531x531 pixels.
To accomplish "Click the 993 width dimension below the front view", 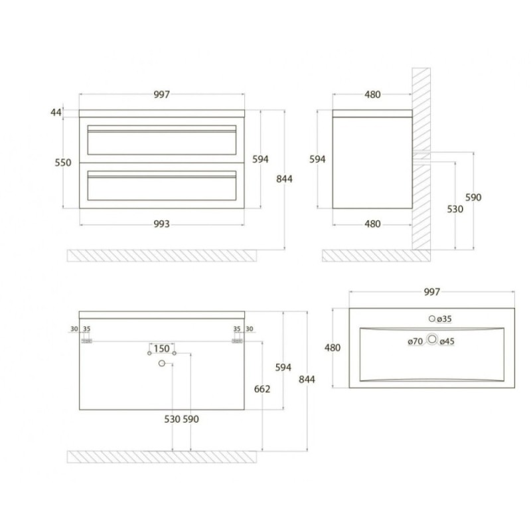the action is coord(161,224).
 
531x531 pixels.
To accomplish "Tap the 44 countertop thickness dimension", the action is coord(56,112).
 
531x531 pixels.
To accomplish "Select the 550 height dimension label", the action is coord(63,163).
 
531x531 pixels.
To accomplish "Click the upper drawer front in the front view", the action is coord(162,140).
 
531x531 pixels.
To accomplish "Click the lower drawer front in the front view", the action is coord(162,186).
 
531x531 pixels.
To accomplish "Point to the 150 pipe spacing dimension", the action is coord(161,348).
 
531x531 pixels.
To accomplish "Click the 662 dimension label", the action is coord(262,389).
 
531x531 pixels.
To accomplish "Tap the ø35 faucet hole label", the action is coord(444,319).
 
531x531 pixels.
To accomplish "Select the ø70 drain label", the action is coord(416,341).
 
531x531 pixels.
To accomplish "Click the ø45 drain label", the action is coord(447,341).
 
